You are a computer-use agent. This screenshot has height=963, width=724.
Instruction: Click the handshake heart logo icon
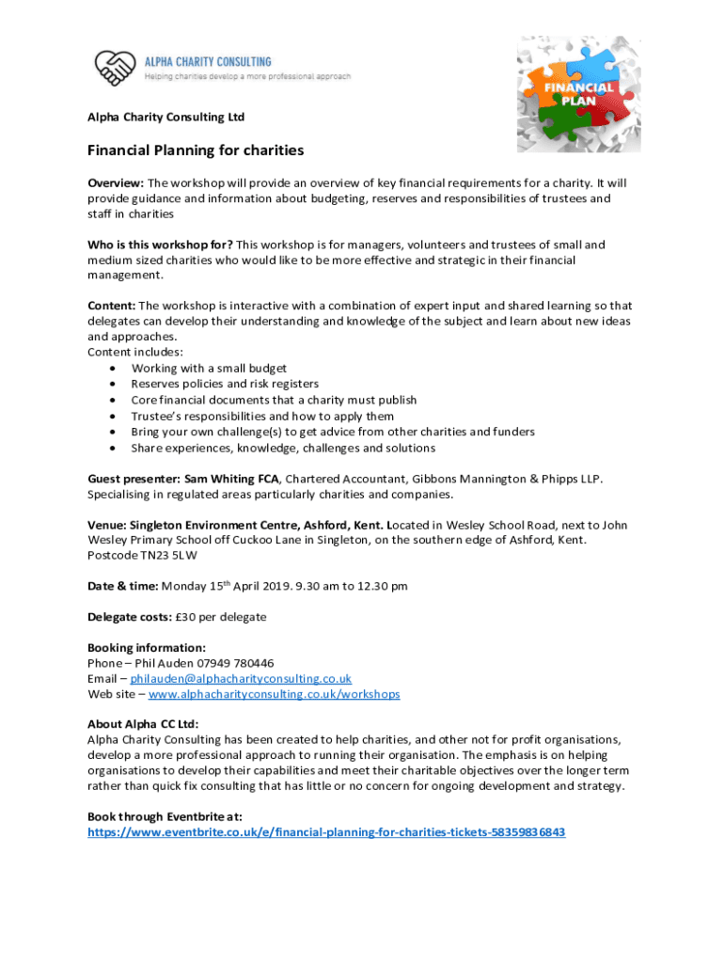114,67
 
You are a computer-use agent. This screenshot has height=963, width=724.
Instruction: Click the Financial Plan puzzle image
581,94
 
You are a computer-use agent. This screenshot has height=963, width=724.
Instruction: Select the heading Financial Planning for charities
196,150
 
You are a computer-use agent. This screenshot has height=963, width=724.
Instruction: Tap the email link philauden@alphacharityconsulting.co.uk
241,678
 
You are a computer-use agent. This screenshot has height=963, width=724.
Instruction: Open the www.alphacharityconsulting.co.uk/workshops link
274,694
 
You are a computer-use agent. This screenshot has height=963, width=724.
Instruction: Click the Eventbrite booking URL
326,832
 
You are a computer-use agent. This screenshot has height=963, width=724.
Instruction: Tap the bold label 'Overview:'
116,182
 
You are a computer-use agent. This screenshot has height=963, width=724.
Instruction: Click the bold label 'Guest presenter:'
134,478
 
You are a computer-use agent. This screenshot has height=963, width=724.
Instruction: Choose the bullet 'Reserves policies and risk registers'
225,384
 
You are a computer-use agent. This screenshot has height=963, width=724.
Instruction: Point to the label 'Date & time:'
122,586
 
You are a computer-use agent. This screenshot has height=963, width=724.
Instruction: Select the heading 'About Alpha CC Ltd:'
143,724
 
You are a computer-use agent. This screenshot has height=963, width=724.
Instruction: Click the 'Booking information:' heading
146,647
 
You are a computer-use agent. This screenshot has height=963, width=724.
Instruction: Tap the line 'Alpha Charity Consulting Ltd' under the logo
165,117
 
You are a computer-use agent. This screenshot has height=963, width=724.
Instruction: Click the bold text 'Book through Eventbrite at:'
165,816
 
